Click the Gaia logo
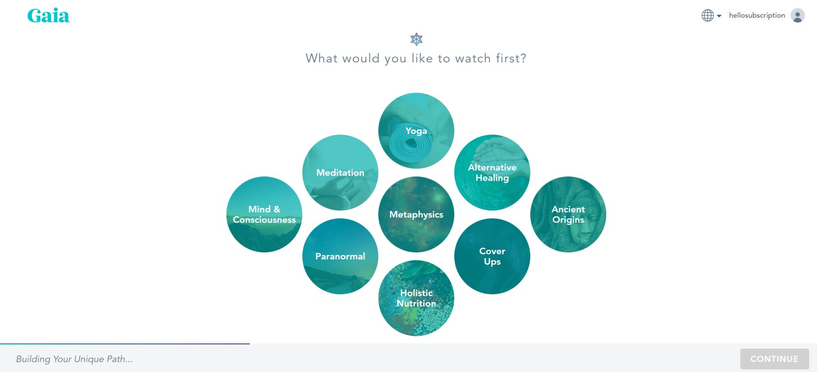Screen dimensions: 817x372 pos(48,15)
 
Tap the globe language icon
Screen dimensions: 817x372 pos(707,15)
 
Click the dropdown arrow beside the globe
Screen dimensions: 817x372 pos(719,15)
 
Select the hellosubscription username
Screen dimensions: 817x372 pos(757,15)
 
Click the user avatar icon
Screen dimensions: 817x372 pos(797,15)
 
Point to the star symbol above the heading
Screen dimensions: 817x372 pos(416,39)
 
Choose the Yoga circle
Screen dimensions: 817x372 pos(416,130)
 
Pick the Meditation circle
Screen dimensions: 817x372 pos(340,172)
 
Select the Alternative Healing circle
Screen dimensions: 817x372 pos(492,172)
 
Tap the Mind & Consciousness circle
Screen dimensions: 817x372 pos(264,214)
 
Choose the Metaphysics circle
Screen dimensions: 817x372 pos(416,214)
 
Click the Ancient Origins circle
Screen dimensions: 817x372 pos(568,214)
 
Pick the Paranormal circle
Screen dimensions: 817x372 pos(340,256)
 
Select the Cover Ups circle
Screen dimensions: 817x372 pos(492,256)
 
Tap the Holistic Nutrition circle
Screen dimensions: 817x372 pos(416,298)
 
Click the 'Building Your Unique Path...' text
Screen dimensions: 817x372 pos(74,359)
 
